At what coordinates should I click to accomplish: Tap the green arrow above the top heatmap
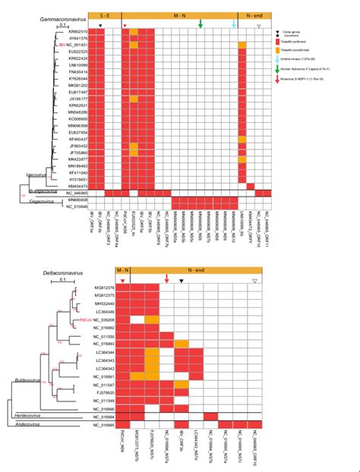point(200,24)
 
